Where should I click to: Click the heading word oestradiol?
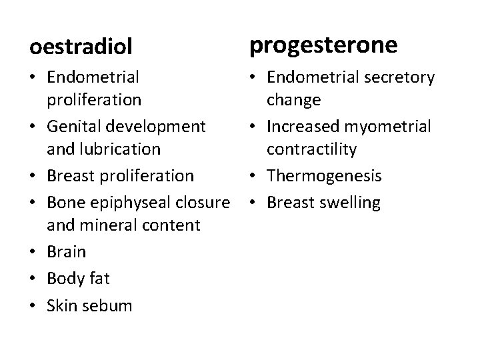coord(81,47)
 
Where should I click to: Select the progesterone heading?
coord(323,45)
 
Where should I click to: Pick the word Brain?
coord(67,251)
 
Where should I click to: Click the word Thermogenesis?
coord(324,176)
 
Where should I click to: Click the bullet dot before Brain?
coord(33,252)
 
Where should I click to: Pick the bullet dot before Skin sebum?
coord(33,307)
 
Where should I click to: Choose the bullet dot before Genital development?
coord(33,126)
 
